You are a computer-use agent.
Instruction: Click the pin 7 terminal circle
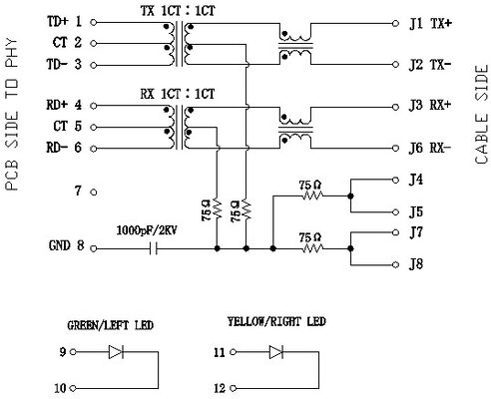[x=94, y=193]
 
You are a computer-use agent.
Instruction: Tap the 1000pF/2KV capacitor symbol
[x=153, y=248]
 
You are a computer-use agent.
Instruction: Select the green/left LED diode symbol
[x=116, y=352]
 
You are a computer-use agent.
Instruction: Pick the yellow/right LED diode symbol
[x=276, y=352]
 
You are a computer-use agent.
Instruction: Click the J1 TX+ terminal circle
[x=395, y=23]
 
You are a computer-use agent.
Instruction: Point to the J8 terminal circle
[x=395, y=264]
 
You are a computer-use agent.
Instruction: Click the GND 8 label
[x=66, y=245]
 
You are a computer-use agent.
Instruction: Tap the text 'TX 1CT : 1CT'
[x=178, y=11]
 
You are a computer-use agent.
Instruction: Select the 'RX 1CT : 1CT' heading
[x=178, y=94]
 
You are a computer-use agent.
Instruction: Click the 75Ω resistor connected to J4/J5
[x=312, y=196]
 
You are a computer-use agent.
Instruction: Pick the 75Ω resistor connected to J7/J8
[x=312, y=248]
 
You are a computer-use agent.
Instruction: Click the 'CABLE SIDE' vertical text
[x=481, y=115]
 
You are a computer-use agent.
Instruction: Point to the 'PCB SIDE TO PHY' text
[x=12, y=115]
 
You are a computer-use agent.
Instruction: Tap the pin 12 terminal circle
[x=234, y=388]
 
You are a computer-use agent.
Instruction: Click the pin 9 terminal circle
[x=73, y=352]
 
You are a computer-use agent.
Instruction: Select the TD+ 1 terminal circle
[x=94, y=23]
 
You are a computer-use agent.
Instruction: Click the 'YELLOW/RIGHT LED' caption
[x=276, y=321]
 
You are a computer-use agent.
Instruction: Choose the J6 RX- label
[x=430, y=148]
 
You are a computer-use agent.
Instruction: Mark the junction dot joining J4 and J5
[x=350, y=197]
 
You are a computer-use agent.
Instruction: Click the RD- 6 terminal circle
[x=94, y=149]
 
